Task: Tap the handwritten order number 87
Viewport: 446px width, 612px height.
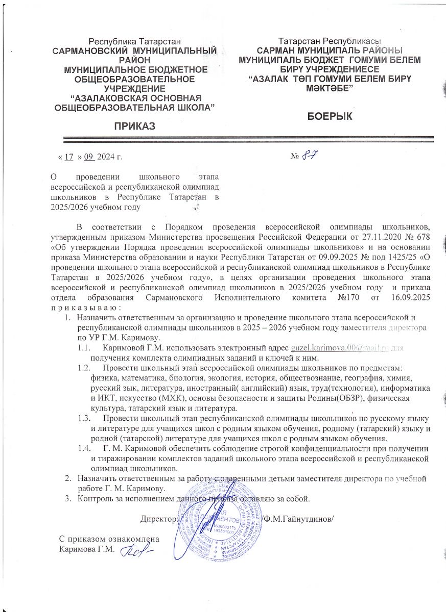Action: point(309,156)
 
